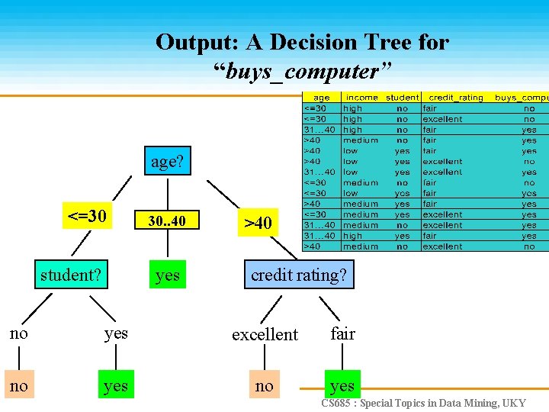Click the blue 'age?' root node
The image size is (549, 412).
pyautogui.click(x=167, y=162)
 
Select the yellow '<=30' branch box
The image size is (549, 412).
pyautogui.click(x=87, y=216)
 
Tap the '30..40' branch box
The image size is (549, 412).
pyautogui.click(x=167, y=221)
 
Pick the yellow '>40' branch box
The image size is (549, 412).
pyautogui.click(x=257, y=223)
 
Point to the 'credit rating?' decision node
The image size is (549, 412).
pyautogui.click(x=298, y=275)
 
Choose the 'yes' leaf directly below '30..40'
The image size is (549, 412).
pyautogui.click(x=167, y=275)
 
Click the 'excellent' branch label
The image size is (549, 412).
pyautogui.click(x=265, y=334)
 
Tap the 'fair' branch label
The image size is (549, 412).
pyautogui.click(x=342, y=333)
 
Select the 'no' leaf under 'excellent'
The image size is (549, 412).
pyautogui.click(x=264, y=385)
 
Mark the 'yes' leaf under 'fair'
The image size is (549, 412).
pyautogui.click(x=342, y=385)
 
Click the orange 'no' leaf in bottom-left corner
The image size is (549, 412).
pyautogui.click(x=18, y=385)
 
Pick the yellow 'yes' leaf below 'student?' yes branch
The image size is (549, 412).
pyautogui.click(x=115, y=386)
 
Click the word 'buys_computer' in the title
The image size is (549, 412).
pyautogui.click(x=302, y=72)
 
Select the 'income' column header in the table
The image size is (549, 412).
pyautogui.click(x=361, y=98)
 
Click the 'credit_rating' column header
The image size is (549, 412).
pyautogui.click(x=456, y=98)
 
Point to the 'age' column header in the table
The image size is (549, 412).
pyautogui.click(x=321, y=98)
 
